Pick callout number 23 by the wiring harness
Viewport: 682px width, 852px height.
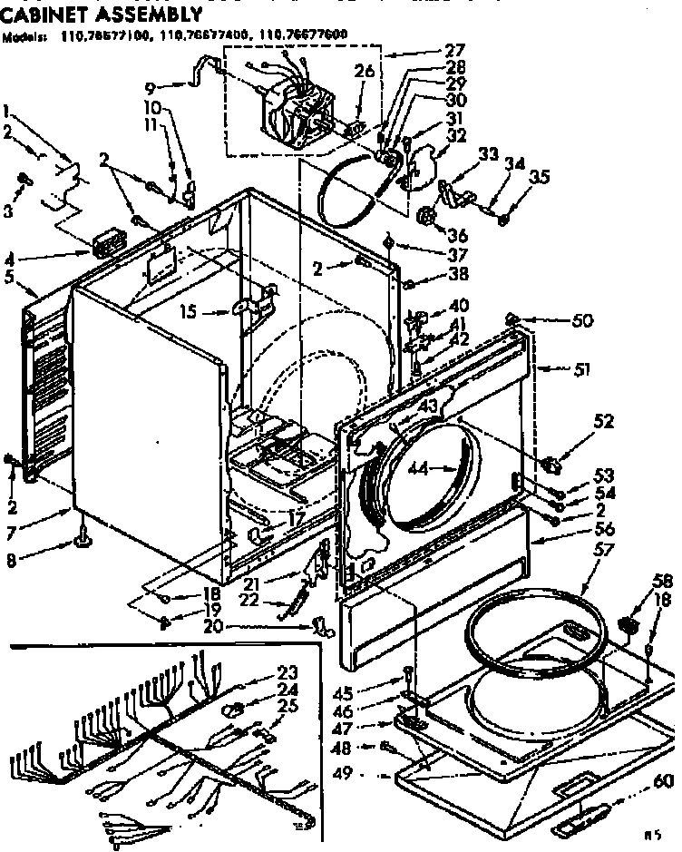coord(287,673)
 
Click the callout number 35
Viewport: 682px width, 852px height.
coord(540,177)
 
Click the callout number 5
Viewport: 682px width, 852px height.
coord(10,278)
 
